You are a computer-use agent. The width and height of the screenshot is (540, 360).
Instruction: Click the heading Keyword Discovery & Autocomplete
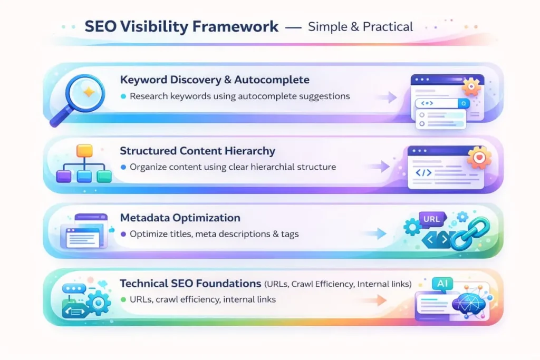point(215,80)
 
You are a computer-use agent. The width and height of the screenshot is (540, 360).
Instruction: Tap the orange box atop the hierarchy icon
point(84,151)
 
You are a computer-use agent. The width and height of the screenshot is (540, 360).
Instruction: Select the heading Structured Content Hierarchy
point(197,151)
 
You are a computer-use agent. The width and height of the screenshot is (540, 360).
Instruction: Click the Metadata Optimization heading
point(180,218)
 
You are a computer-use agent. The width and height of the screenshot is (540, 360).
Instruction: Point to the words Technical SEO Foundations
point(190,284)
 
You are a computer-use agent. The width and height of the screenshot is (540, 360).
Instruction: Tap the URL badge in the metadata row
point(432,218)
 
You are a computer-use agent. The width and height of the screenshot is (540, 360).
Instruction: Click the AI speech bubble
point(442,283)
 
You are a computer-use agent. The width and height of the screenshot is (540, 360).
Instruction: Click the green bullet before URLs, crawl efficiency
point(123,300)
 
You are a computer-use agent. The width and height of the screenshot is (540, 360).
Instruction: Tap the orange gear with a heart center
point(479,157)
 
